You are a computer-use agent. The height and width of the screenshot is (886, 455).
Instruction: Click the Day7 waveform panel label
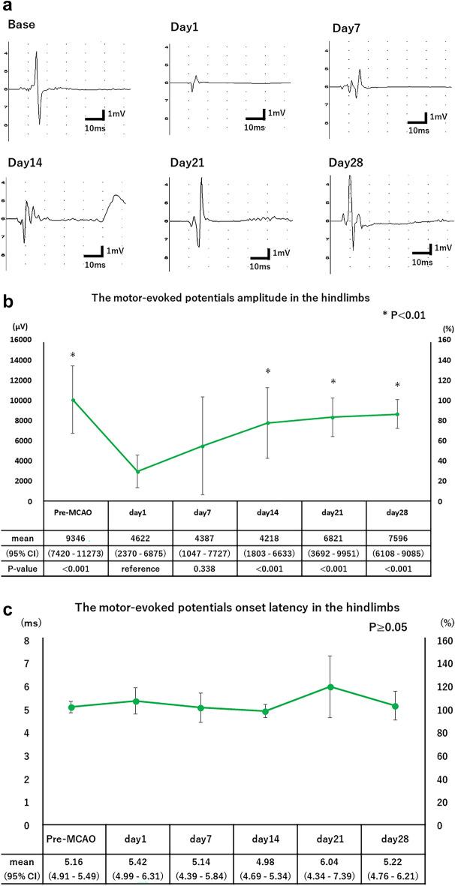[x=345, y=28]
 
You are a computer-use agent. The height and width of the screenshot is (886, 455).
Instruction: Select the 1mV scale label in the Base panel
[x=115, y=113]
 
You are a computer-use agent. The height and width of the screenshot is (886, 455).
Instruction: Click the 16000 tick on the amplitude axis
[x=26, y=339]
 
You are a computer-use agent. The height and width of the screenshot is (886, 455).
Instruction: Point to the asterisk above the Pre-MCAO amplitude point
[x=73, y=354]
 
